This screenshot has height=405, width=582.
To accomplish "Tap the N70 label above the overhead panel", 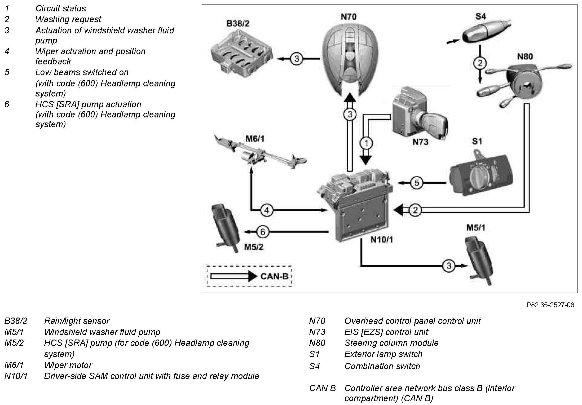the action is coord(348,17).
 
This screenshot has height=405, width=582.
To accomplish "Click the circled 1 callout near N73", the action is coord(366,143).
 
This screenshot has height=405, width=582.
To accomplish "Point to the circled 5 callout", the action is coord(417,183).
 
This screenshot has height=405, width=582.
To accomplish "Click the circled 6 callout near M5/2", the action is coord(263,232).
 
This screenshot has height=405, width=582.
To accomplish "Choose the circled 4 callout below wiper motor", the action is coord(267,210).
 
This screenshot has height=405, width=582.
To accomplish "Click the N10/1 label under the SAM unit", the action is coord(381,240).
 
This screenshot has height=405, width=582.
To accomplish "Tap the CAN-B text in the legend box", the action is coord(274,276).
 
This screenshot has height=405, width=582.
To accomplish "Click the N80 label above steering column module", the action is coord(525,56).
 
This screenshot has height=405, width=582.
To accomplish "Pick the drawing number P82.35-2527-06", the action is coord(550,305).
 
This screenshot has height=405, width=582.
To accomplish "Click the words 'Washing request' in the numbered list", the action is coord(68,19).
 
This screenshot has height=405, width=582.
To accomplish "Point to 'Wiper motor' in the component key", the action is coord(68,365).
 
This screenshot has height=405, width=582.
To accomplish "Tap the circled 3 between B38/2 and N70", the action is coord(297,59).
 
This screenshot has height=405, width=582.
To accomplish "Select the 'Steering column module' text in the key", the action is coord(391,343).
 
